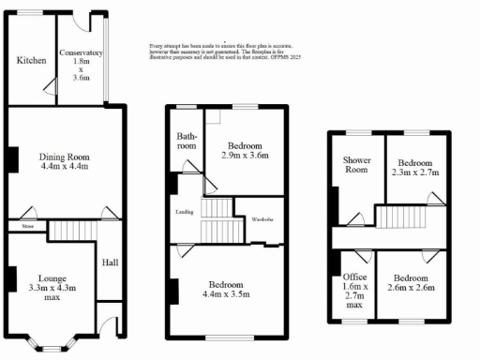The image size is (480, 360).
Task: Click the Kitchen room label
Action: [32, 61]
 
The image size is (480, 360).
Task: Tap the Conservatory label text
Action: [81, 66]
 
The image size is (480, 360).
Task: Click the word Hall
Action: [111, 262]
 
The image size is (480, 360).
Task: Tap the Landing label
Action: [185, 212]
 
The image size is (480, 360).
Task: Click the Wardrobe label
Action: [261, 219]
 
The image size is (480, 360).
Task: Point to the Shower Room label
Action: [357, 165]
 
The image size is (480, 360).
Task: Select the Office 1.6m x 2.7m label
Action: [355, 292]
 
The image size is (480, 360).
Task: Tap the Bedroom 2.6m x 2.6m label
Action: [412, 284]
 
